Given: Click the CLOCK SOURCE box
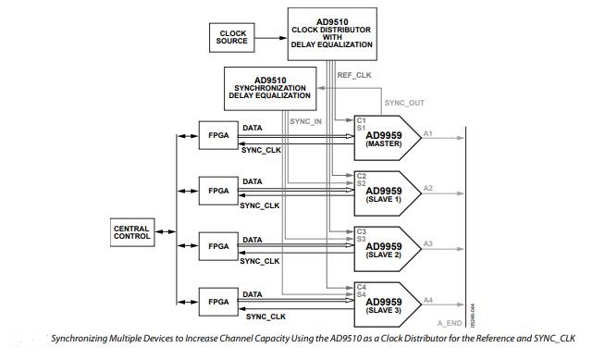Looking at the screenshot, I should pyautogui.click(x=233, y=38).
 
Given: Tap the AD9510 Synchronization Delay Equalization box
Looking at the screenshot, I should pyautogui.click(x=267, y=88).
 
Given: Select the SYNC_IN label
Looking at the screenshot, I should pyautogui.click(x=305, y=121).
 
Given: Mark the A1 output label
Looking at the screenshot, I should pyautogui.click(x=428, y=134).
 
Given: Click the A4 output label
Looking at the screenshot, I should pyautogui.click(x=428, y=300).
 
